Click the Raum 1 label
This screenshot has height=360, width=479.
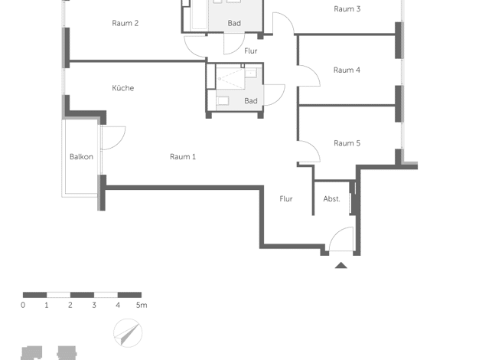click(x=183, y=157)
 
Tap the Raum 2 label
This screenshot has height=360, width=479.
click(x=125, y=23)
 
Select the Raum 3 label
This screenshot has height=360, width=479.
click(x=347, y=9)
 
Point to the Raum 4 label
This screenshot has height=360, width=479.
click(x=347, y=70)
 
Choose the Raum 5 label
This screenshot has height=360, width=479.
click(x=347, y=143)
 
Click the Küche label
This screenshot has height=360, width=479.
click(x=122, y=88)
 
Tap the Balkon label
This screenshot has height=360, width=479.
click(x=81, y=157)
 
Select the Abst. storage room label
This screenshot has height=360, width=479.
click(x=332, y=199)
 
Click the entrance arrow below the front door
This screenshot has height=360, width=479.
click(x=341, y=266)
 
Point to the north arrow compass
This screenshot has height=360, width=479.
click(x=128, y=332)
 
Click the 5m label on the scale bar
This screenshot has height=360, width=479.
click(x=142, y=305)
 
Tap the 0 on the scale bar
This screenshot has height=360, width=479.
click(x=23, y=305)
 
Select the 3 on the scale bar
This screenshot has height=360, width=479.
click(x=94, y=305)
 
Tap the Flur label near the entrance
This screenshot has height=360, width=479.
click(x=286, y=199)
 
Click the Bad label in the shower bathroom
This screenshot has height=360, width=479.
click(x=251, y=101)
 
